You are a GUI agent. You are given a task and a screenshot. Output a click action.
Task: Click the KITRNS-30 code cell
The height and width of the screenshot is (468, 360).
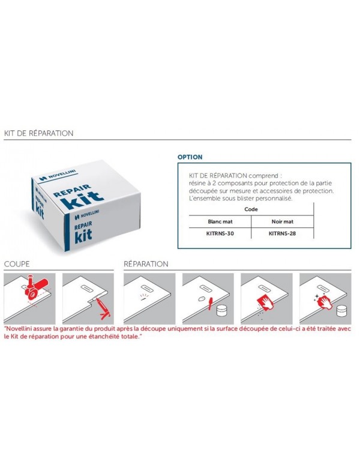pos(220,233)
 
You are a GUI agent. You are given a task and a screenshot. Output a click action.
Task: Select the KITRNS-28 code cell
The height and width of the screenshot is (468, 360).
pos(282,233)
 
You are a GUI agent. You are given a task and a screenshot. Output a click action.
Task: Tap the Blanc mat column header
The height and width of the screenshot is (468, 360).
pos(220,221)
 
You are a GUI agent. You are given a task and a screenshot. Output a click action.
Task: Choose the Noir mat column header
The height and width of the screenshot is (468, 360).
pos(283,221)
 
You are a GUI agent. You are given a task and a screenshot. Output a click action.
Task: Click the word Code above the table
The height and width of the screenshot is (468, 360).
pos(251,209)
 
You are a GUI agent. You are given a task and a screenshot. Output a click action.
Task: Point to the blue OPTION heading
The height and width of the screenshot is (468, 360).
pos(190,157)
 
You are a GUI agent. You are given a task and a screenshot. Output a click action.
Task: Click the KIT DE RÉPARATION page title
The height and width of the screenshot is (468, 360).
pos(38,133)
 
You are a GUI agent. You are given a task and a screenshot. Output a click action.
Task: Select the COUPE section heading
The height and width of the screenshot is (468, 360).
pos(17,264)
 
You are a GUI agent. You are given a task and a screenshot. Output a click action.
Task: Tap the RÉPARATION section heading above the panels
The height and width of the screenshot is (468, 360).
pos(146,264)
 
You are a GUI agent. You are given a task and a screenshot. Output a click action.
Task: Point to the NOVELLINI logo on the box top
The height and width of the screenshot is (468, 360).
pos(58,175)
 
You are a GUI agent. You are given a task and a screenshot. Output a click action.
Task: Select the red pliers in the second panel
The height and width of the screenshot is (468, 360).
pos(103,309)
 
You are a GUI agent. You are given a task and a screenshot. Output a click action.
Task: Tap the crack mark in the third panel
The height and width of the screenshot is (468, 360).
pos(144,296)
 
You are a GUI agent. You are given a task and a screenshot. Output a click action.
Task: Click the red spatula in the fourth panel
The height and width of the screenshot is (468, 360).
pos(211,303)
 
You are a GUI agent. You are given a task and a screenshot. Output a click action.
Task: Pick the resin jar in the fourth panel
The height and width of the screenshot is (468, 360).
pos(222,310)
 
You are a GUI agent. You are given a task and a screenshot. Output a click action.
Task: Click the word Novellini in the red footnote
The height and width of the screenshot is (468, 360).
pos(19,329)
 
